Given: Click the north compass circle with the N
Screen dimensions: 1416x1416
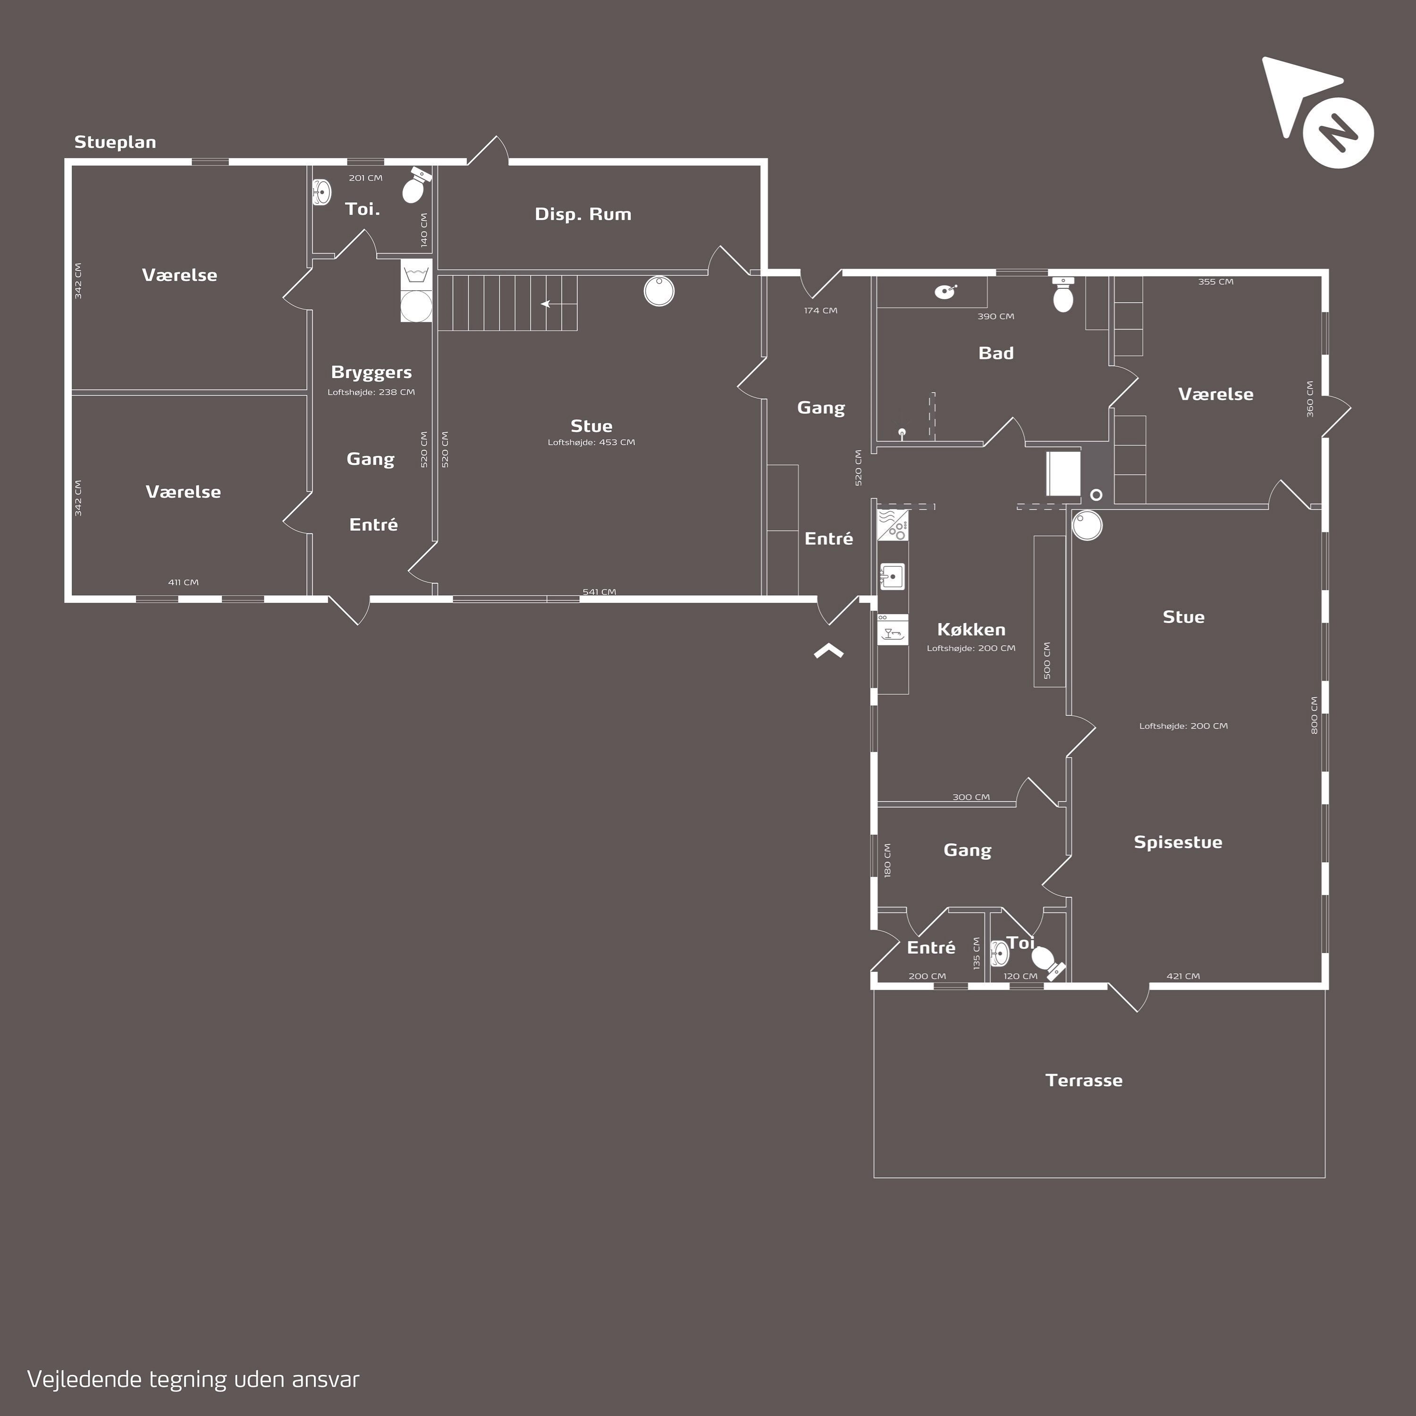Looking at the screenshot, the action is [x=1338, y=133].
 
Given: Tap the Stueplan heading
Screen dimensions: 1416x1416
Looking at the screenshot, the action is [x=115, y=142].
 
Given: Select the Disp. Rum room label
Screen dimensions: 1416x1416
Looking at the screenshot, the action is [x=582, y=214].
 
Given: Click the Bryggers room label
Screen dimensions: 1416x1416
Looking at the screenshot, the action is [x=371, y=373].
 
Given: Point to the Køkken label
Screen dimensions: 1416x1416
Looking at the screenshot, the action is [x=971, y=629].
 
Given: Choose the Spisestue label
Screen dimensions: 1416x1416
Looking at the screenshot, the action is [x=1178, y=842].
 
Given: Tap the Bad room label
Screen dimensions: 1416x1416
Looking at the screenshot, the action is [x=996, y=353].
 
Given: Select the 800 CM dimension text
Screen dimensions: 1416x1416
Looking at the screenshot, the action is [x=1314, y=716].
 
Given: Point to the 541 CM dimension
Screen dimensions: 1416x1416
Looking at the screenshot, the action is [x=599, y=591].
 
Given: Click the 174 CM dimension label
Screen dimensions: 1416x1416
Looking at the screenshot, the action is [x=820, y=311].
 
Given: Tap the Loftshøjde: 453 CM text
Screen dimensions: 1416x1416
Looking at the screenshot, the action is [x=591, y=442].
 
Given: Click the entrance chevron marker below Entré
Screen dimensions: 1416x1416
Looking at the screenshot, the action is [x=829, y=649].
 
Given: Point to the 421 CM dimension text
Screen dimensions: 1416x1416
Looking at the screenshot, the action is [x=1183, y=976].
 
